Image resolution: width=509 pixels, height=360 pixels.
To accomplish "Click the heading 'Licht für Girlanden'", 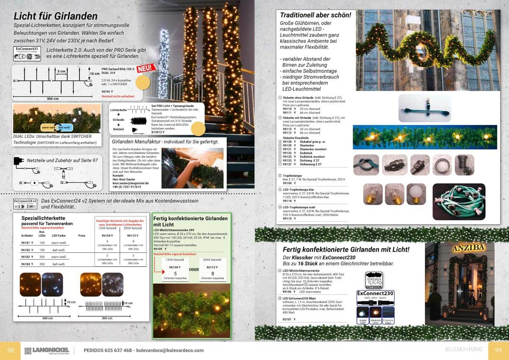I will pos(56,16).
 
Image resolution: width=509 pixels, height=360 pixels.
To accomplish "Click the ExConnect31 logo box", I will pos(27,54).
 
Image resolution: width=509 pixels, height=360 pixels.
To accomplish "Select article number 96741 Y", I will pos(108,91).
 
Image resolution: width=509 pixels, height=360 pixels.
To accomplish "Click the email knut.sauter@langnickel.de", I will pos(131,183).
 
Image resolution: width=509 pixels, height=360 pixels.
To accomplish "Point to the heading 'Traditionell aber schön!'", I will pos(315,15).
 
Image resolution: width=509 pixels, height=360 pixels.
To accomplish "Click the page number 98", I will pos(10,350).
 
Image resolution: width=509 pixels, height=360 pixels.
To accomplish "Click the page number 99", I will pos(498,350).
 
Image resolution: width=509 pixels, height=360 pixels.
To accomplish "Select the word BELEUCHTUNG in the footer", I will pos(463,349).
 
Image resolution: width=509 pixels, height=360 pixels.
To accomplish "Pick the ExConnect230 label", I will pos(375,293).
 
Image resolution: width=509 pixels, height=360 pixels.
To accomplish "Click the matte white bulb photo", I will pos(416,195).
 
